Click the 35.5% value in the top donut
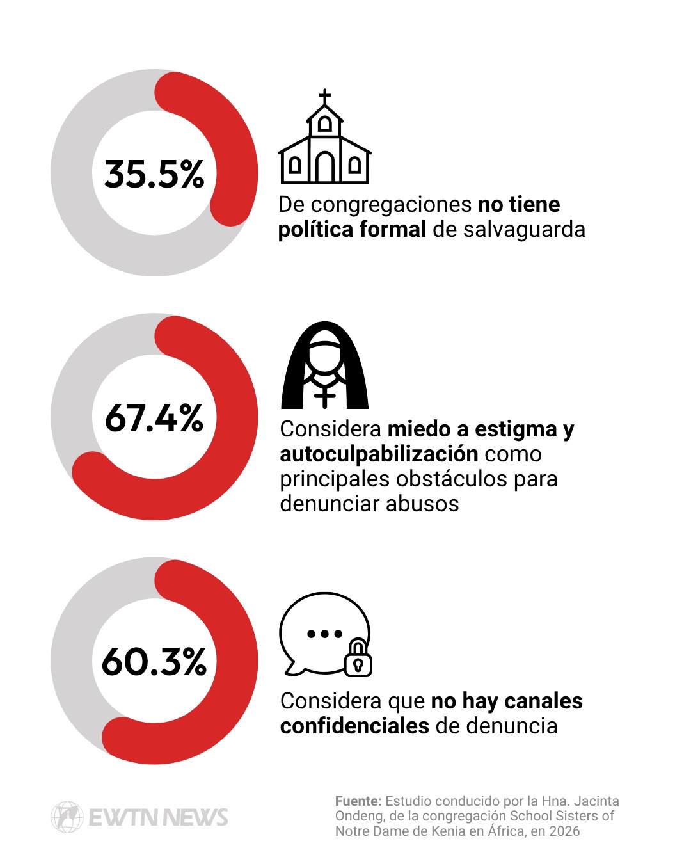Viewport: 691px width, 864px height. [x=154, y=174]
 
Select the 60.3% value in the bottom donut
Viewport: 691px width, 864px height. [x=154, y=662]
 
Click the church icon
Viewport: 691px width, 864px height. [x=324, y=136]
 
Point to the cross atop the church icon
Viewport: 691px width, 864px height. [x=325, y=97]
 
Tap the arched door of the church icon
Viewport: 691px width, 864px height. [x=325, y=166]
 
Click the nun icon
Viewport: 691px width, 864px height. [x=324, y=365]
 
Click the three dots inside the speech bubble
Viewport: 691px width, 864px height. [x=324, y=634]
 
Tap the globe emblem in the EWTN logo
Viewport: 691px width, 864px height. [x=67, y=817]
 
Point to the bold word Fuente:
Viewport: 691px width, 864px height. [x=358, y=801]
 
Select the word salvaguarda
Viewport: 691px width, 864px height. [x=524, y=230]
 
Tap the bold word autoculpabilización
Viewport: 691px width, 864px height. [x=379, y=454]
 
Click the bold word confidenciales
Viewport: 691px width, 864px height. [x=354, y=726]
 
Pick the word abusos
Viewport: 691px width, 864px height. [x=422, y=504]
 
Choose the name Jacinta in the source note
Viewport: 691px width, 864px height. [x=596, y=801]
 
